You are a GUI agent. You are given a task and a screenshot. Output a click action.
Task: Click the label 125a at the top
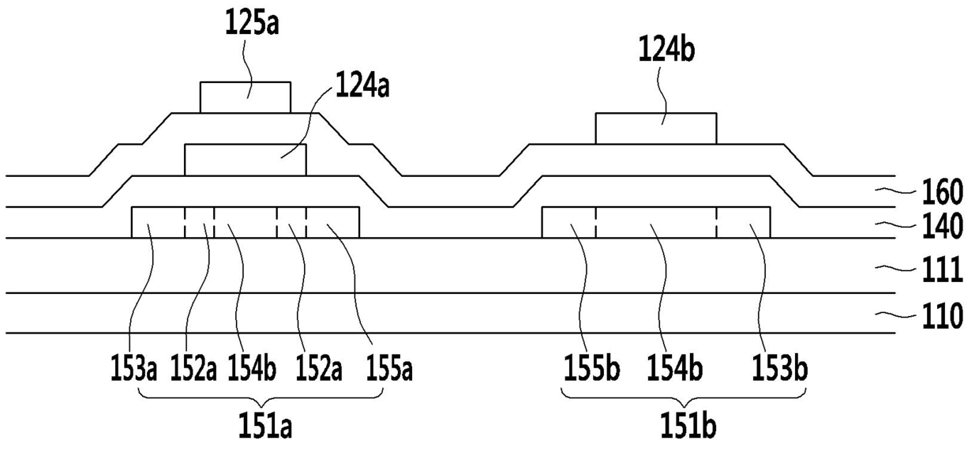(x=252, y=22)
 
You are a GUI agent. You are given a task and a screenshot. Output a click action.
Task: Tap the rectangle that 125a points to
(x=246, y=97)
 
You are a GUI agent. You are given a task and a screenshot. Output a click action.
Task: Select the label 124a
(x=362, y=86)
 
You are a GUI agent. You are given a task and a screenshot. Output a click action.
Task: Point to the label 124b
(x=666, y=50)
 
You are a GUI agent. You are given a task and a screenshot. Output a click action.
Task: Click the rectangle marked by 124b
(x=656, y=129)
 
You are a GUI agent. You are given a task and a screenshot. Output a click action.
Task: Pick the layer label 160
(x=943, y=192)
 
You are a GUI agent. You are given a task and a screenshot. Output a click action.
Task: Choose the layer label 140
(x=943, y=227)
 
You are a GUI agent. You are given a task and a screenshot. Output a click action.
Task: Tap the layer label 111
(x=943, y=269)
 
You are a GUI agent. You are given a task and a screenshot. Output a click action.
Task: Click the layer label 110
(x=943, y=316)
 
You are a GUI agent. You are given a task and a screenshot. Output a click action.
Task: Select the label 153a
(x=133, y=368)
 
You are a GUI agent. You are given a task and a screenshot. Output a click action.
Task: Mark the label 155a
(x=389, y=368)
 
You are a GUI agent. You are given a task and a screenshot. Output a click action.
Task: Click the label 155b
(x=592, y=368)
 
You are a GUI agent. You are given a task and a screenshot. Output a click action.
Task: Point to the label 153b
(x=780, y=368)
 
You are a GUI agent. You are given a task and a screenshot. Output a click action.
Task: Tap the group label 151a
(x=264, y=426)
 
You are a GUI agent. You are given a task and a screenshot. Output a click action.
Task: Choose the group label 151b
(x=688, y=426)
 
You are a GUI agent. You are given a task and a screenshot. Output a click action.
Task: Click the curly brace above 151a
(x=261, y=398)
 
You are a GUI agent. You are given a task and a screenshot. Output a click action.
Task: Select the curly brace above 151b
(x=684, y=398)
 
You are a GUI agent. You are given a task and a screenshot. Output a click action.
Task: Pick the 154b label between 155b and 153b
(x=675, y=368)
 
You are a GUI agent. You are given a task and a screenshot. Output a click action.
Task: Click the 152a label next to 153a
(x=193, y=368)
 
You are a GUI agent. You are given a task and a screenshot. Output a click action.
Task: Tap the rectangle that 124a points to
(x=246, y=160)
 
